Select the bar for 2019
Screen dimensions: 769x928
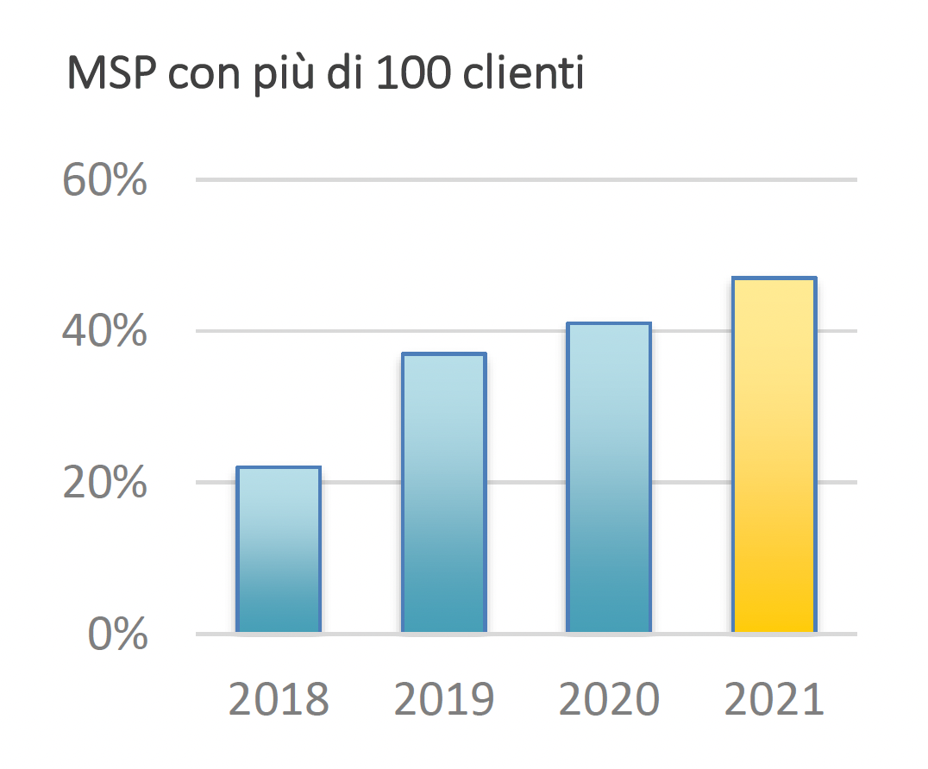point(444,493)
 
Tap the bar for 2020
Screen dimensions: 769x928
point(608,478)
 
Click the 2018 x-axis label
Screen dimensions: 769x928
point(279,700)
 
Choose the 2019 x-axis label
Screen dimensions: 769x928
point(444,700)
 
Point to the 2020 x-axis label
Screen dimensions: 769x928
point(609,700)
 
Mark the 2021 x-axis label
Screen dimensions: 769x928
point(774,700)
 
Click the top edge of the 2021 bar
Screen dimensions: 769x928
point(774,278)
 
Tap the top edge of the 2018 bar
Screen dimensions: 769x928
point(278,468)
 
